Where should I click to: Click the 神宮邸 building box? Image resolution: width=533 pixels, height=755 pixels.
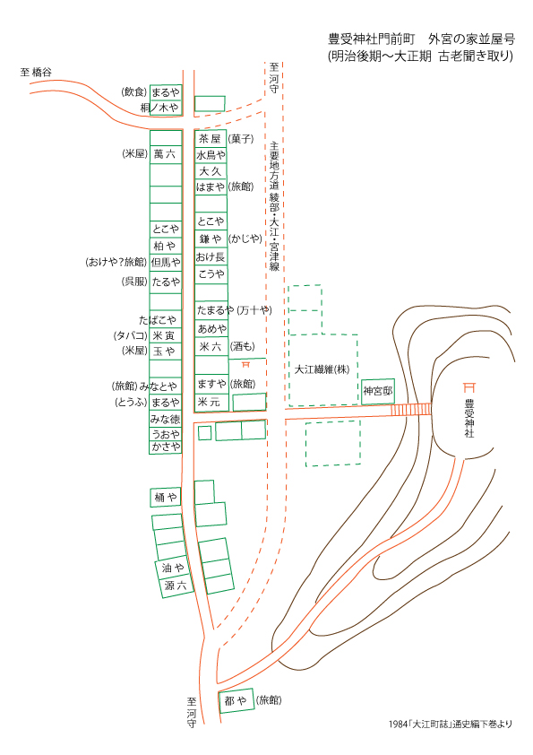[x=378, y=392]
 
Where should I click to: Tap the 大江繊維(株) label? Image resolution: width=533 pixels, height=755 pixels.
[x=322, y=369]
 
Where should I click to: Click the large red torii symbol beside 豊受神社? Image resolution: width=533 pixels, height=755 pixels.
[x=469, y=387]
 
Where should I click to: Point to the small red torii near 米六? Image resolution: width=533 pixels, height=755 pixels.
[x=245, y=364]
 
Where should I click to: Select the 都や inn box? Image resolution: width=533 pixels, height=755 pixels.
[x=236, y=701]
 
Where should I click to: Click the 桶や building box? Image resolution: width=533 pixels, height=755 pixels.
[x=166, y=498]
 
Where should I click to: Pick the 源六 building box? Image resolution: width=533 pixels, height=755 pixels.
[x=176, y=586]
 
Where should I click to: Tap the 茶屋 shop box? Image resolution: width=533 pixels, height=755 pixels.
[x=211, y=139]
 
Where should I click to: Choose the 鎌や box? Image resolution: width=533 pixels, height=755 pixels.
[x=211, y=239]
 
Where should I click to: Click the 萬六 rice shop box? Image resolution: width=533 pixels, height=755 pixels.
[x=166, y=154]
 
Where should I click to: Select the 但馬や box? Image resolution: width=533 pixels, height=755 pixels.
[x=166, y=263]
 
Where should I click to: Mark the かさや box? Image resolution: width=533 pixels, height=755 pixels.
[x=166, y=447]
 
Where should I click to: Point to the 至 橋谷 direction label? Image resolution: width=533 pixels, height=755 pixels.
[x=36, y=73]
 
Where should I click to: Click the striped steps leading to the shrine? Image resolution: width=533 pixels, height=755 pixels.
[x=411, y=409]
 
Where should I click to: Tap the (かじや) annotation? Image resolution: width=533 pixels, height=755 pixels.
[x=245, y=239]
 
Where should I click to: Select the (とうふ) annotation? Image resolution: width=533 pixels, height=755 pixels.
[x=131, y=402]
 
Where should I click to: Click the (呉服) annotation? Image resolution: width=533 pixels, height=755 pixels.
[x=134, y=282]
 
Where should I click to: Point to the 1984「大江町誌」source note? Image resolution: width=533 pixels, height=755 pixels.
[x=451, y=724]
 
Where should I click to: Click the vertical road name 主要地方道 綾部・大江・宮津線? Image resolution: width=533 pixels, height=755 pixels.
[x=274, y=206]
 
